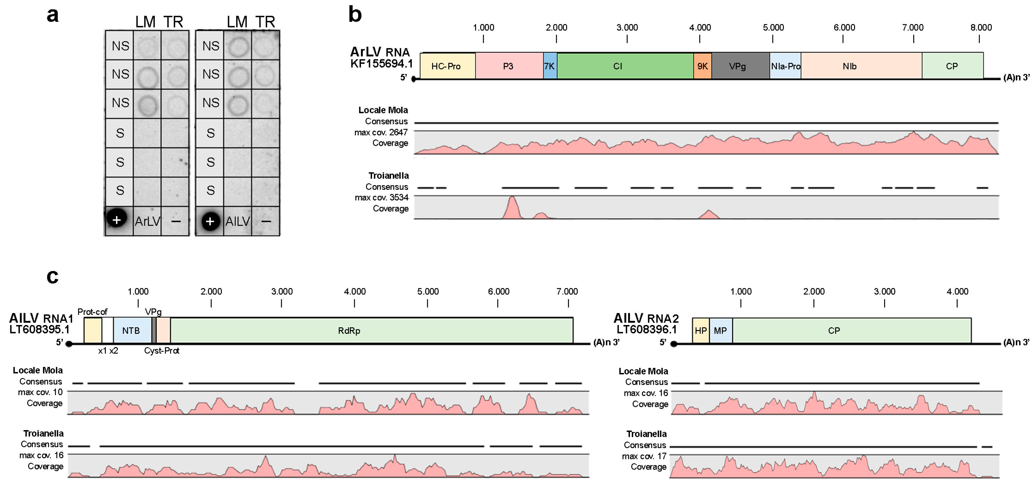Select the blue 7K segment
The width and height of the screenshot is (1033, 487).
pyautogui.click(x=550, y=66)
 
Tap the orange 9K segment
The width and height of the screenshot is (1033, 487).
pyautogui.click(x=702, y=66)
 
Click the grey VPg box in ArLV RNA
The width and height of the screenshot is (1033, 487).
pyautogui.click(x=740, y=66)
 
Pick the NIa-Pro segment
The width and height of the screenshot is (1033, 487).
pyautogui.click(x=785, y=66)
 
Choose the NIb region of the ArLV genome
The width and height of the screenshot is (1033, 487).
pyautogui.click(x=861, y=66)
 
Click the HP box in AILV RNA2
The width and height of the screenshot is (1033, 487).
pyautogui.click(x=701, y=330)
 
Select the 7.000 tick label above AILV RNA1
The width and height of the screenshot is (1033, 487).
pyautogui.click(x=567, y=291)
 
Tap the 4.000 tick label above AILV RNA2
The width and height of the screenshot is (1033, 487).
pyautogui.click(x=957, y=291)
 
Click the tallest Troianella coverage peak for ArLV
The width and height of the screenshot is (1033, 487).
pyautogui.click(x=512, y=200)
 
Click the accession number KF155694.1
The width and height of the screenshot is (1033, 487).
pyautogui.click(x=381, y=64)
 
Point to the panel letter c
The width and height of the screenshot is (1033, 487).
pyautogui.click(x=53, y=276)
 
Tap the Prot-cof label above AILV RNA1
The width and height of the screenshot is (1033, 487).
pyautogui.click(x=92, y=312)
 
